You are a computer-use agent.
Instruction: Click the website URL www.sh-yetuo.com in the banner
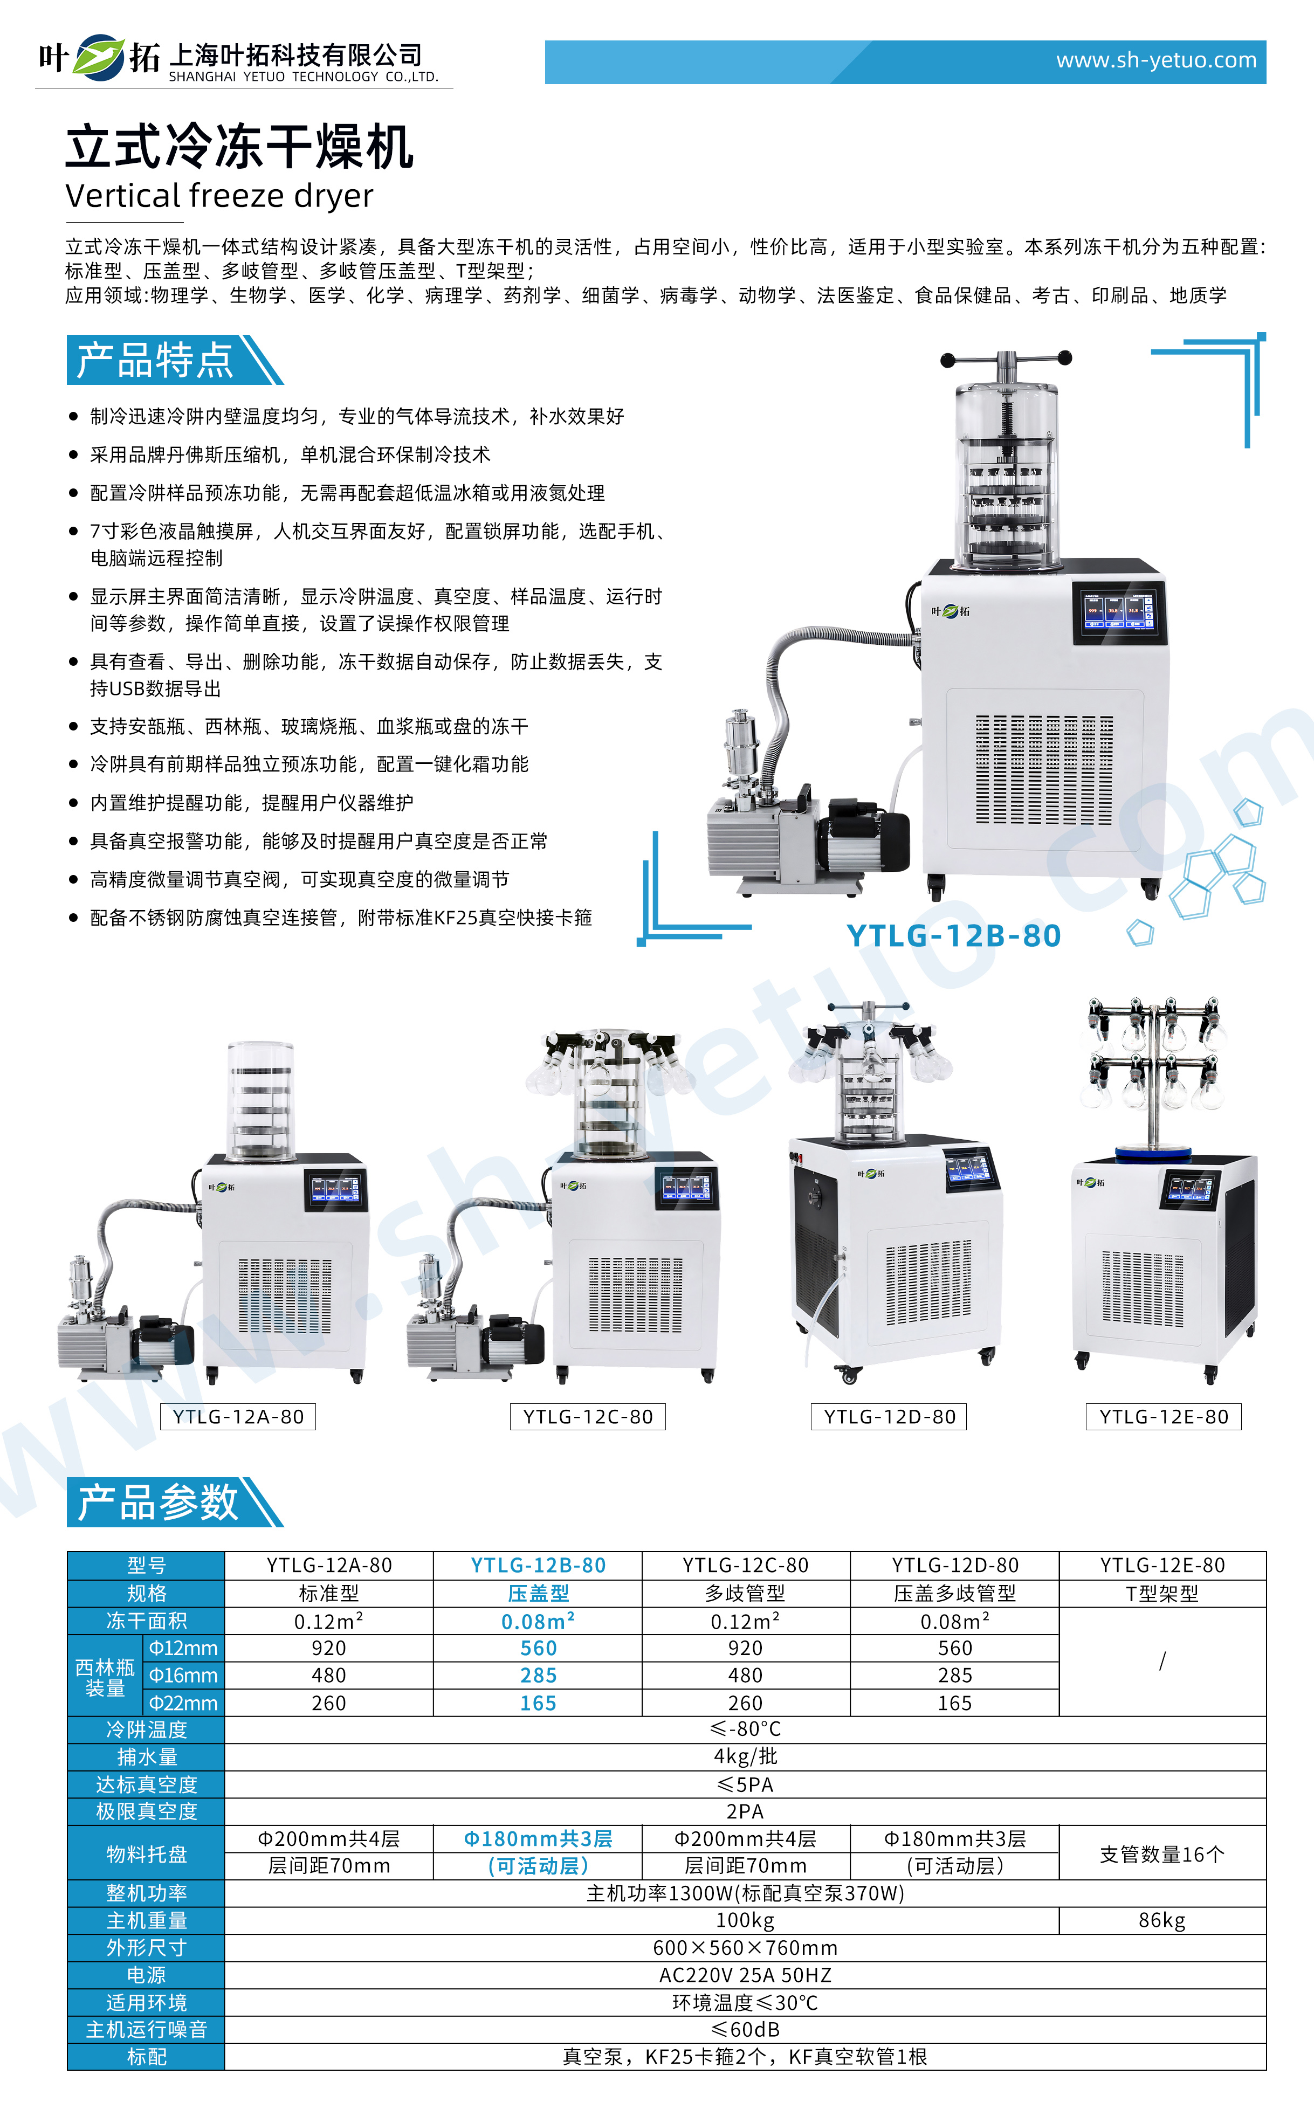(x=1156, y=61)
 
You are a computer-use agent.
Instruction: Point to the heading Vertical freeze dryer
(x=219, y=196)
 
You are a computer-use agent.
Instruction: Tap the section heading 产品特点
(x=156, y=360)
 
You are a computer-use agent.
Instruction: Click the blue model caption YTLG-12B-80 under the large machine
(x=953, y=936)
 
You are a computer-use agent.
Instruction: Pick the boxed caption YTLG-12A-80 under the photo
(x=238, y=1416)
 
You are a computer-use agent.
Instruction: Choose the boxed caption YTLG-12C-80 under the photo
(x=588, y=1416)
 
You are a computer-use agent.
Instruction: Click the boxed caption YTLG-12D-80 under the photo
(x=889, y=1416)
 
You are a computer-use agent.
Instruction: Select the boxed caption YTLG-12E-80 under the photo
(x=1164, y=1416)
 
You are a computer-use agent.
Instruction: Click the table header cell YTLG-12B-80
(x=538, y=1565)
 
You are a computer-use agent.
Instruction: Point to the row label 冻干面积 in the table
(x=146, y=1621)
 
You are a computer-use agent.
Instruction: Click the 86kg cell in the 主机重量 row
(x=1162, y=1920)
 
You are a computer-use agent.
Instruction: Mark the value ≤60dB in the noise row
(x=745, y=2030)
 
